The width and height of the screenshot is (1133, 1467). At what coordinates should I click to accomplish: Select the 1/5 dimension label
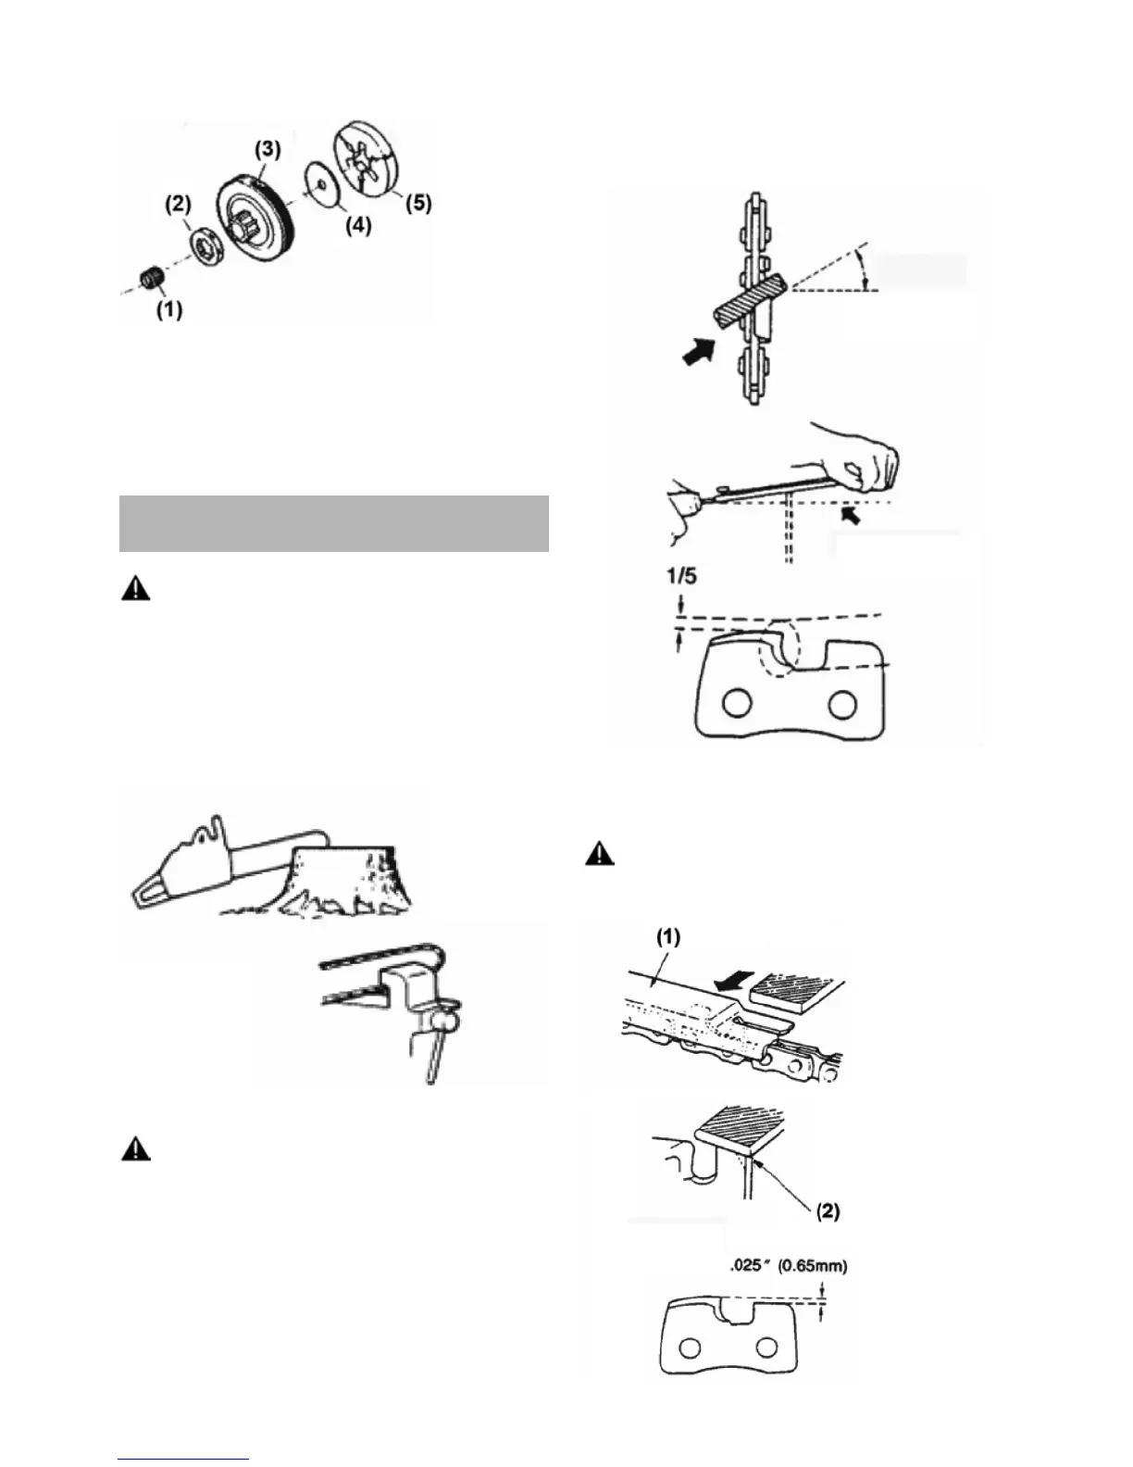[681, 575]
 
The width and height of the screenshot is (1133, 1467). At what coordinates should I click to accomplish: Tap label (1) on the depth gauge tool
[669, 937]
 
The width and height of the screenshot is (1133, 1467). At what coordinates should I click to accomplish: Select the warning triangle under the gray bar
[135, 590]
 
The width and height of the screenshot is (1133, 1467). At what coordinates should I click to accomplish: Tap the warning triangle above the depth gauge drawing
[600, 854]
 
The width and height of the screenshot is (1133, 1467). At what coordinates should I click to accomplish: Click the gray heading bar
[334, 523]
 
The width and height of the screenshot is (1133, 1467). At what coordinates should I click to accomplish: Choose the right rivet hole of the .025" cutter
[766, 1347]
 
